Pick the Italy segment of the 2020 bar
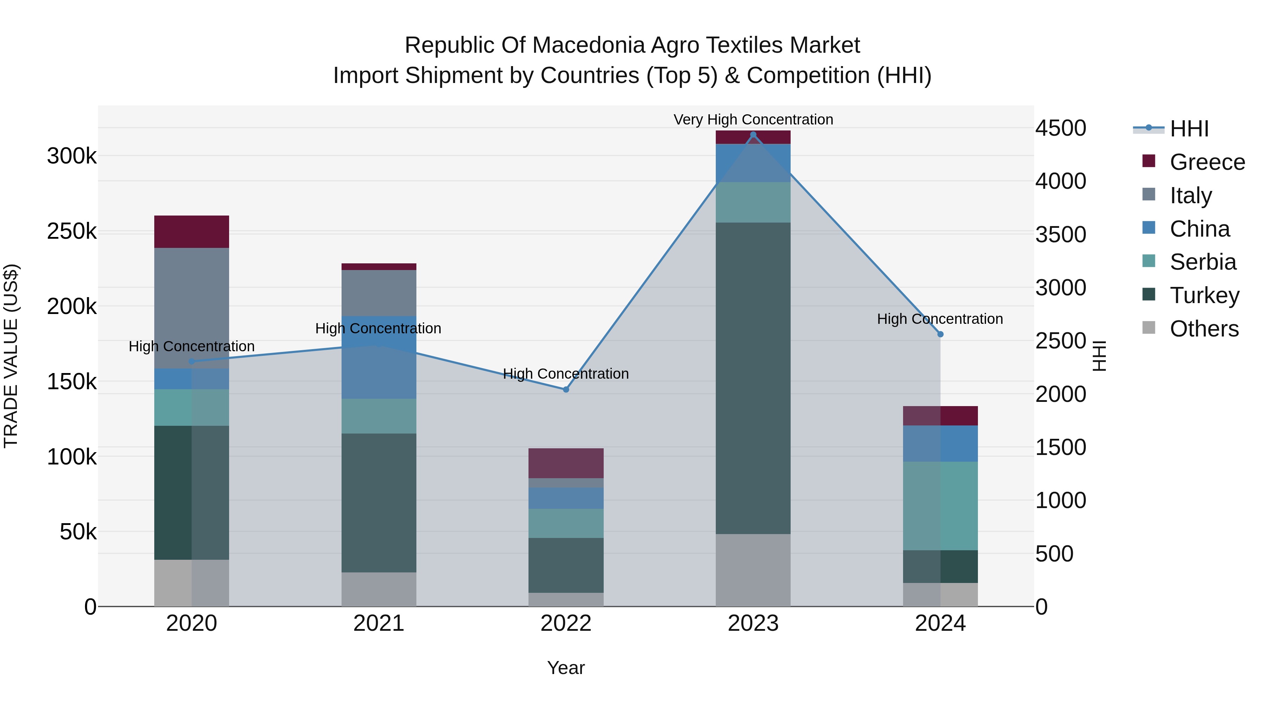192,308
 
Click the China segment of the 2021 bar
378,357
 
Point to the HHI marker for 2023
753,135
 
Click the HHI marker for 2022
566,389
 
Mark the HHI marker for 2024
940,334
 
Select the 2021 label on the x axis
378,623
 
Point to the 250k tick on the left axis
72,231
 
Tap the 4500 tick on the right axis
1061,128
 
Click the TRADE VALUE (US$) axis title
11,356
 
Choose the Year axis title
566,668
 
